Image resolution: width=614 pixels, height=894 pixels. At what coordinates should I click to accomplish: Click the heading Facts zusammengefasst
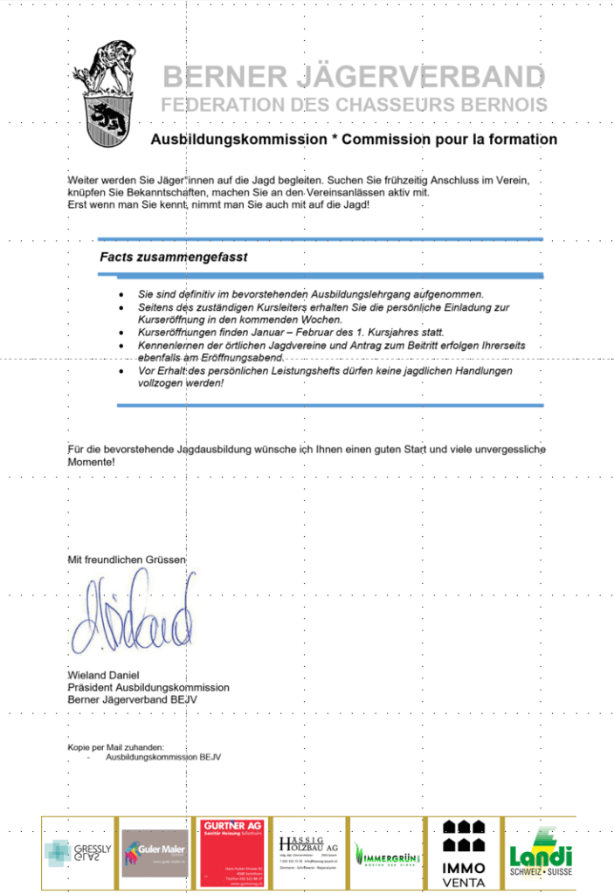tap(173, 258)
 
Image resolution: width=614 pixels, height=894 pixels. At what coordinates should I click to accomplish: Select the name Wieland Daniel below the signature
tap(103, 675)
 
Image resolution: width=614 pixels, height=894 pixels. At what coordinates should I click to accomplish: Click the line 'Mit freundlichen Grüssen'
tap(127, 559)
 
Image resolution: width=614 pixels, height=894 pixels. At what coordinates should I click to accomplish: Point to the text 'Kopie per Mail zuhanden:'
tap(115, 747)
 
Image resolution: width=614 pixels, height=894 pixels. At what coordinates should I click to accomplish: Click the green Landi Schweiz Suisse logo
tap(541, 852)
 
